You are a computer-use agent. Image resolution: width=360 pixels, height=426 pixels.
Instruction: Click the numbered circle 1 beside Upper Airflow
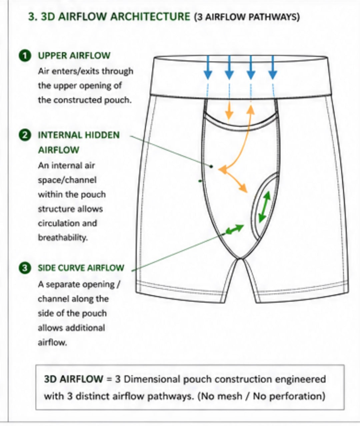25,56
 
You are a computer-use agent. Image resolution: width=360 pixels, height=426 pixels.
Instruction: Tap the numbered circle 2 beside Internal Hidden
25,136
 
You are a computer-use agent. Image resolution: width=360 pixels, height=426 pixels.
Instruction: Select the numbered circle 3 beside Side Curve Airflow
25,268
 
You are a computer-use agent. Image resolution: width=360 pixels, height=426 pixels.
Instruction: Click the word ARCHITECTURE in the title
150,17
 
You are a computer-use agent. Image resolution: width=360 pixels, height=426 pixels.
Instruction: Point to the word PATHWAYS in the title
273,17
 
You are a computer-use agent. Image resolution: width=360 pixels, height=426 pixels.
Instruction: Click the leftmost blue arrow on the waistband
208,68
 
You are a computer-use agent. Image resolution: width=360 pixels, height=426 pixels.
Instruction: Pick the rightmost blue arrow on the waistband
273,68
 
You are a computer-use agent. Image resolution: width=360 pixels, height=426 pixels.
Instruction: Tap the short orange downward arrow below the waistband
229,111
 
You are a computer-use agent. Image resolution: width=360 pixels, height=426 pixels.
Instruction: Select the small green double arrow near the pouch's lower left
235,229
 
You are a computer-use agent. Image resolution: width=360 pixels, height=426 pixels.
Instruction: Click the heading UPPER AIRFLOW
74,56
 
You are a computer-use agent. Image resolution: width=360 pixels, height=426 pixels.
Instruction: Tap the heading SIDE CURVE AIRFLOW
81,268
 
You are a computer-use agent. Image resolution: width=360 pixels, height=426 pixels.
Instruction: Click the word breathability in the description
63,238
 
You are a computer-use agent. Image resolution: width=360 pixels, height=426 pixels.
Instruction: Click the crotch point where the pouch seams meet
240,258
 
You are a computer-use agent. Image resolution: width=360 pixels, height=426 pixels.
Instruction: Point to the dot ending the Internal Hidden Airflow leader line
211,167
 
